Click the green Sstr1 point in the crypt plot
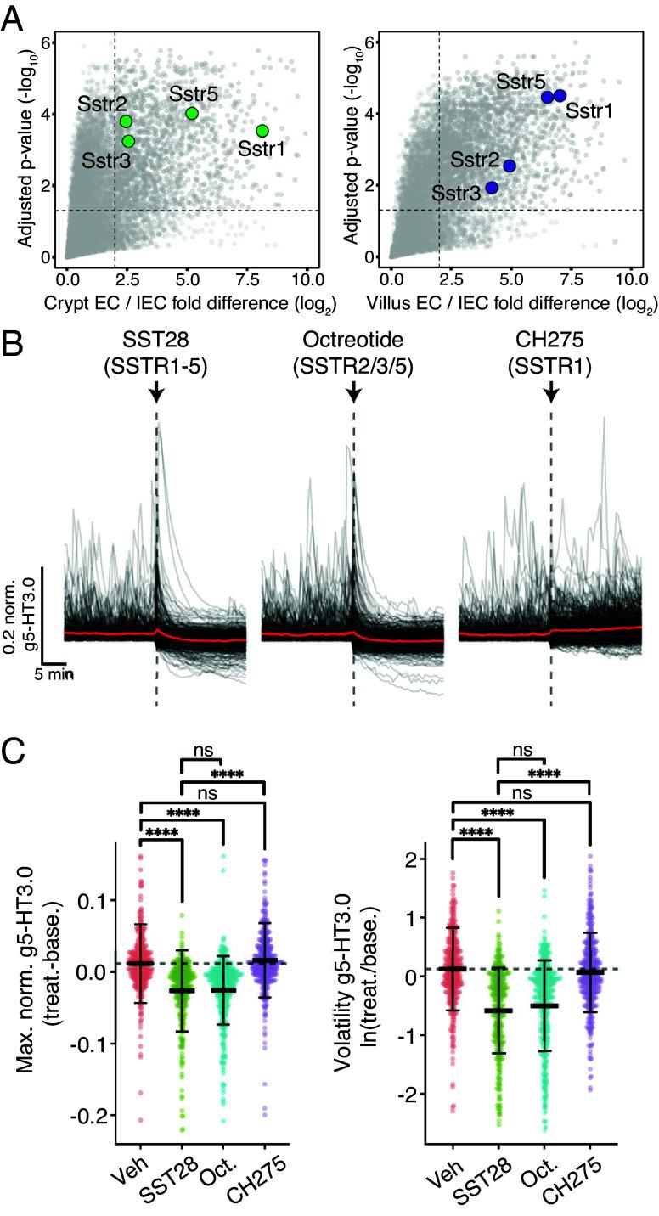(x=262, y=130)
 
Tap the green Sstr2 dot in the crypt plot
(x=126, y=121)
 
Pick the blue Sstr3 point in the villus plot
(x=491, y=187)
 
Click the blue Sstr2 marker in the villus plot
(x=510, y=166)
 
